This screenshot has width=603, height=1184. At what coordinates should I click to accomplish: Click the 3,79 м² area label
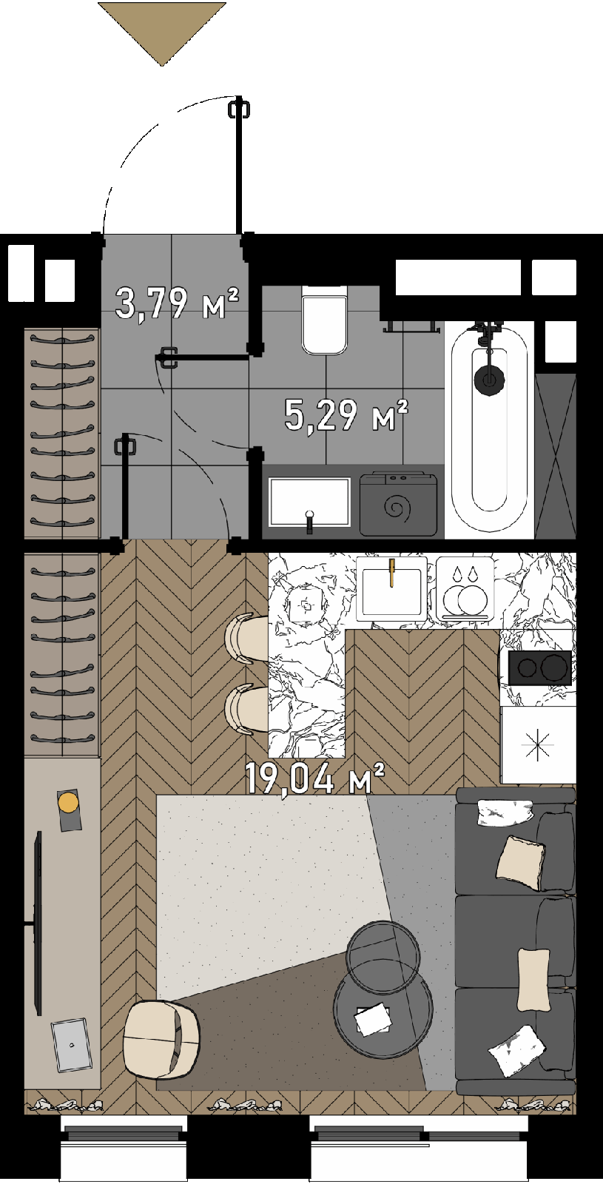177,303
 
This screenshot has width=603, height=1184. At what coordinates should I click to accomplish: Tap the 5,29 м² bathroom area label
346,415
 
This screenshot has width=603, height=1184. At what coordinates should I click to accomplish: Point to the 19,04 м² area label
314,778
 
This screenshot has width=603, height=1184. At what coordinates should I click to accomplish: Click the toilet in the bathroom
325,320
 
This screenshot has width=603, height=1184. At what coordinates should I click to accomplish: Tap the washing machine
399,503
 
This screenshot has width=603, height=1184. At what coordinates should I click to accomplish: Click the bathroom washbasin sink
310,502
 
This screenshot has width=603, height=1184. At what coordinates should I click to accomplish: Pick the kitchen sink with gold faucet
391,588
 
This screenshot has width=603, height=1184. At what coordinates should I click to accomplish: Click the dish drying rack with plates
465,588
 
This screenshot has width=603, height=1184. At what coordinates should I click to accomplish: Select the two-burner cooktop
539,668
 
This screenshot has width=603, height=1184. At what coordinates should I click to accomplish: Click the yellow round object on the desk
68,802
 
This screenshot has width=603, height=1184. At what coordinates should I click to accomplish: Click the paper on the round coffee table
373,1020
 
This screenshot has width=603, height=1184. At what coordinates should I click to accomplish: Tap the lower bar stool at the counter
247,709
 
